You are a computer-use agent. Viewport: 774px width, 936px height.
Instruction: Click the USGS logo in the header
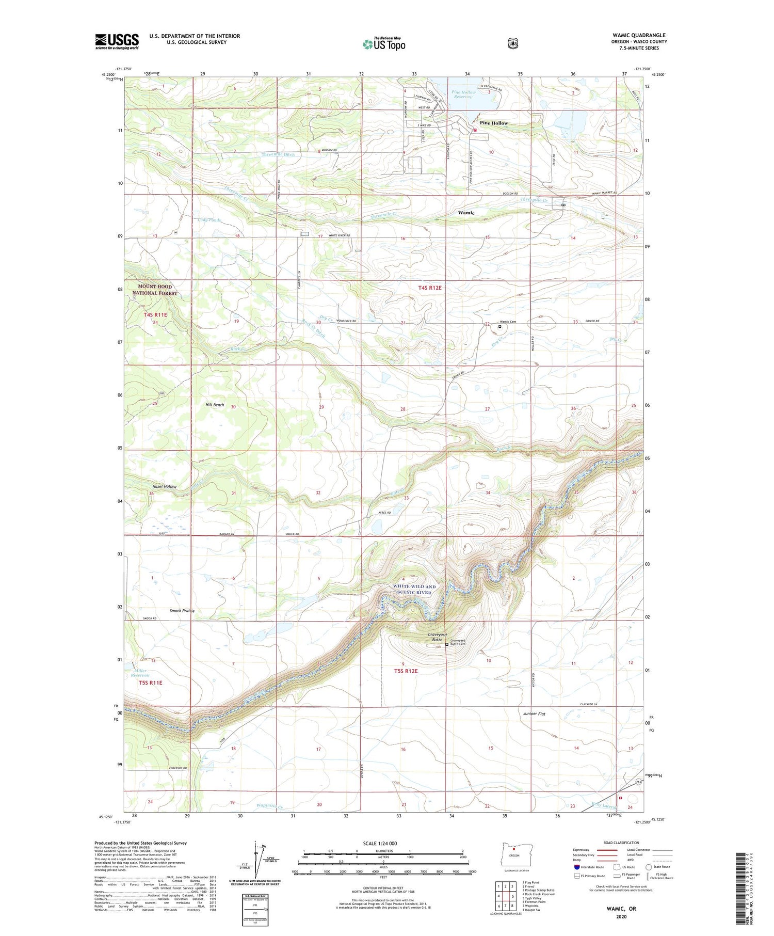117,41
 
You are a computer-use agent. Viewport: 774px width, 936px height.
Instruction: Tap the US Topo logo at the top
384,44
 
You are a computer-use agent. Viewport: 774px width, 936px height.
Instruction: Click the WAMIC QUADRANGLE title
639,36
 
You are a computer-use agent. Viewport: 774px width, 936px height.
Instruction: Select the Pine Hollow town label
494,123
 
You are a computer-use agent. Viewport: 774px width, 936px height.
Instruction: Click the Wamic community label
466,213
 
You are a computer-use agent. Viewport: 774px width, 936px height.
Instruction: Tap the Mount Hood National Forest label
154,290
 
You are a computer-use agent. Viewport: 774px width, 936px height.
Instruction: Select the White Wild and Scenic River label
414,589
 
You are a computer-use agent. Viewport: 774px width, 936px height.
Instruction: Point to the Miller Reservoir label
140,673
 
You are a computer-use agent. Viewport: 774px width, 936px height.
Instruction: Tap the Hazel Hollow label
164,486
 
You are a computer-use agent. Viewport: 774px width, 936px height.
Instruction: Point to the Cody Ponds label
209,220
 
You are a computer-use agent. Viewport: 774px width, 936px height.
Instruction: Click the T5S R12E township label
406,671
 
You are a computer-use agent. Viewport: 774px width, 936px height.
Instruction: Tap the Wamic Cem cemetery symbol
499,326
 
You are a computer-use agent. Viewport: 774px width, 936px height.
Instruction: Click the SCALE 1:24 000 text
383,843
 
